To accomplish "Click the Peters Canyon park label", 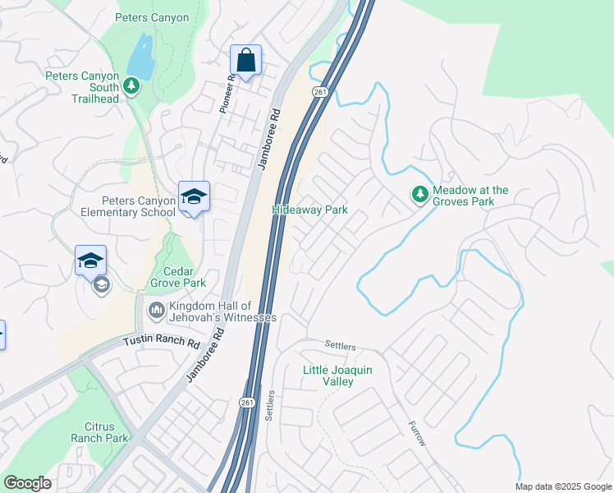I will pyautogui.click(x=152, y=17).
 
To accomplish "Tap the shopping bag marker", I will pyautogui.click(x=245, y=60).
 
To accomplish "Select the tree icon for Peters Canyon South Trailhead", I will pyautogui.click(x=131, y=85).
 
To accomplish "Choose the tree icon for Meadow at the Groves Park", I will pyautogui.click(x=419, y=195).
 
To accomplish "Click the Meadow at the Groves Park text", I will pyautogui.click(x=470, y=196).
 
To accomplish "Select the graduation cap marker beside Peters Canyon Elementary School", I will pyautogui.click(x=194, y=197).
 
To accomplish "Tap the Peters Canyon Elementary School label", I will pyautogui.click(x=138, y=206).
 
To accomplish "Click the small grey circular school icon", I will pyautogui.click(x=102, y=285).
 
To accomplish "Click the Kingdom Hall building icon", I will pyautogui.click(x=156, y=311).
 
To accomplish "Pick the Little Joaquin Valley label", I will pyautogui.click(x=337, y=376).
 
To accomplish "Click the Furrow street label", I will pyautogui.click(x=418, y=434).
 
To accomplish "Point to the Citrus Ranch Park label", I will pyautogui.click(x=106, y=432).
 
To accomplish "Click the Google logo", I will pyautogui.click(x=27, y=483).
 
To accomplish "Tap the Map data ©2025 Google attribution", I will pyautogui.click(x=562, y=486).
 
